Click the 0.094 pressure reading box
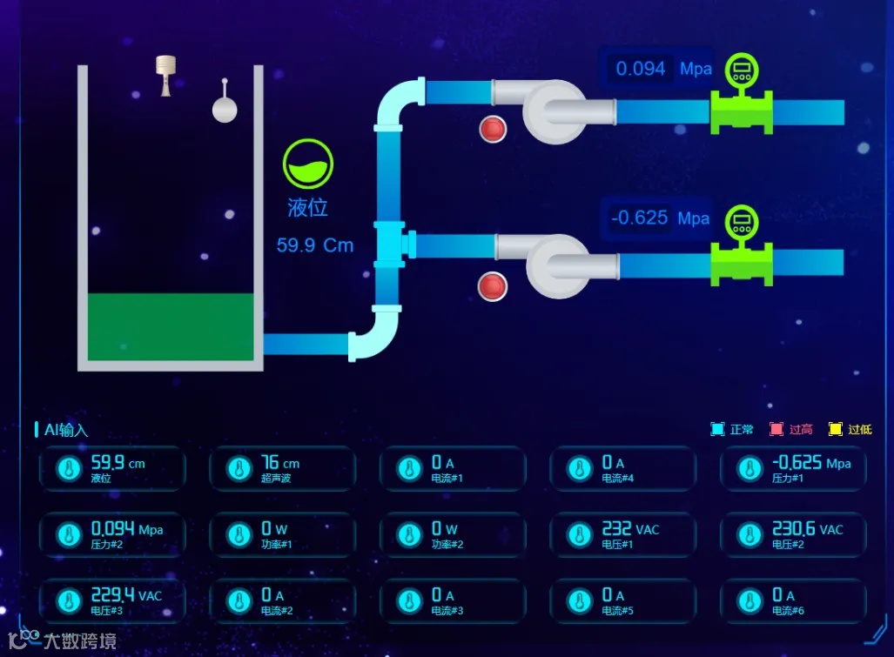641,69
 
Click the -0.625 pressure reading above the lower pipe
640,218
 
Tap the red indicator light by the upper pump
493,129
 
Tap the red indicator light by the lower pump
493,286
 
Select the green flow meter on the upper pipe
742,104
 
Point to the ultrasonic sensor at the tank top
165,75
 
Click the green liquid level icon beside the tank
308,164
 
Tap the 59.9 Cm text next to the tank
315,245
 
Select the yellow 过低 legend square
836,429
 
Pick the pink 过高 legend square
776,429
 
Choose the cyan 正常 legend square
717,429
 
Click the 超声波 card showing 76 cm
282,469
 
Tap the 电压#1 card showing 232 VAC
623,534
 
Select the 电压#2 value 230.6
793,529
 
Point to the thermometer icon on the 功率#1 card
239,535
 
